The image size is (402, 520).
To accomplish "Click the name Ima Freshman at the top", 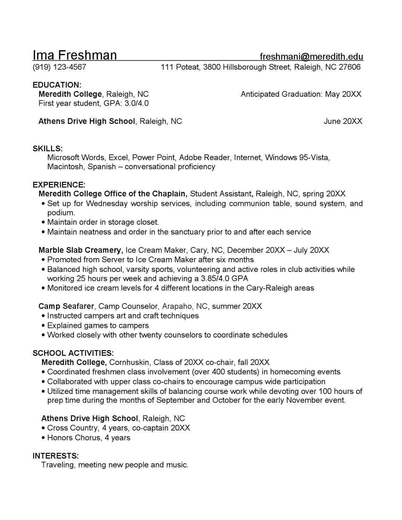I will click(x=75, y=56).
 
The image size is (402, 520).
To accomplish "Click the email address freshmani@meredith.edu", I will click(x=311, y=57).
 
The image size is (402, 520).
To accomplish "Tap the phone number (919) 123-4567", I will click(x=59, y=67).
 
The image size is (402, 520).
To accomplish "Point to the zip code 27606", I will click(x=349, y=67).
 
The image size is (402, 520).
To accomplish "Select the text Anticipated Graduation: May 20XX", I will click(x=301, y=94).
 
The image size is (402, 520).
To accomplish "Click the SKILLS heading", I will click(x=48, y=148).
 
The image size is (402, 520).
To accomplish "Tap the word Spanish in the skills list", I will click(x=102, y=167).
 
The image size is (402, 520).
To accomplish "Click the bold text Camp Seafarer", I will click(x=66, y=306).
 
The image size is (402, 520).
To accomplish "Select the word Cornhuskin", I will click(x=129, y=363).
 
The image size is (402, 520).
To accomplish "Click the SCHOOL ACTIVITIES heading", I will click(x=73, y=353).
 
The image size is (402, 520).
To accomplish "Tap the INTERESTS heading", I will click(x=55, y=455).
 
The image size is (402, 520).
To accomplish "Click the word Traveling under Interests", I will click(x=58, y=465).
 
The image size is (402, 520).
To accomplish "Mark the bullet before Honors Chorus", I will click(x=43, y=438).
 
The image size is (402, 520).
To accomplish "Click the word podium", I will click(x=61, y=213).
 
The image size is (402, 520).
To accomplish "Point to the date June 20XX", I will click(x=343, y=121).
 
